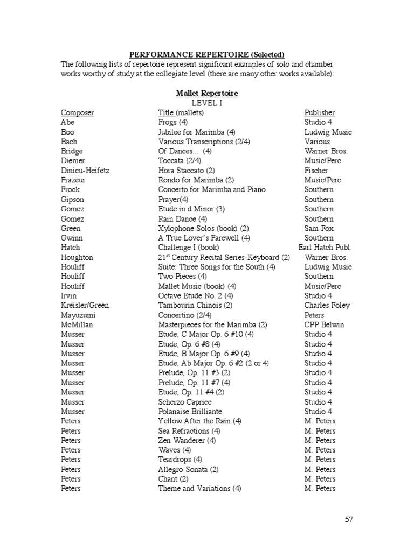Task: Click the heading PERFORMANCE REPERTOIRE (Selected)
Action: (x=206, y=55)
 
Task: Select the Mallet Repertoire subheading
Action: (x=207, y=93)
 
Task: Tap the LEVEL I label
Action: (x=207, y=103)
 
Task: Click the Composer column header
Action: (x=77, y=112)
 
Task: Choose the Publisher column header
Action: (x=319, y=112)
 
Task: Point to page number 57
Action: (x=348, y=519)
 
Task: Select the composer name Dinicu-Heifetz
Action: (x=85, y=170)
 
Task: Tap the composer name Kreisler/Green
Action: (x=85, y=305)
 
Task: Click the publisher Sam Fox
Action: (x=319, y=228)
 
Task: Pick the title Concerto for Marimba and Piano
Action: (x=212, y=189)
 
